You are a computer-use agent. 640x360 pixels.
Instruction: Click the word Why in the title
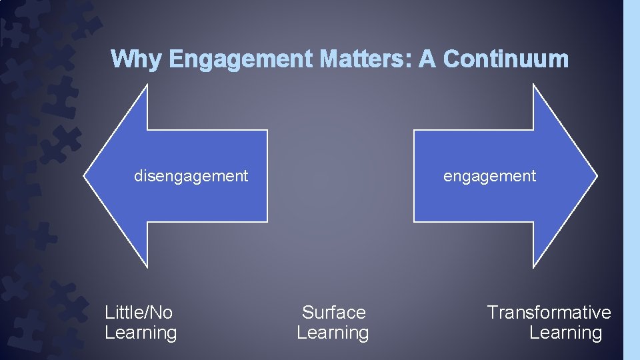coord(137,59)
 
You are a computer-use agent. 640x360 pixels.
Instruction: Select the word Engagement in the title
coord(241,60)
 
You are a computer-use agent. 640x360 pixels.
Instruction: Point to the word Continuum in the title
coord(506,59)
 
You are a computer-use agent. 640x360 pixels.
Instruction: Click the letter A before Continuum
coord(427,59)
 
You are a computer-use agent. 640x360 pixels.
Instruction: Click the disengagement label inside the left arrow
coord(191,176)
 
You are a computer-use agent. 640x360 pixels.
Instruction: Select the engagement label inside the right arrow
coord(489,176)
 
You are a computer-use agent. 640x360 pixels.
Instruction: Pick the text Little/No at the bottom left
coord(139,312)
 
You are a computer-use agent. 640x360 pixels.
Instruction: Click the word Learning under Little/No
coord(141,333)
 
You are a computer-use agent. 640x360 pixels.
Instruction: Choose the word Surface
coord(333,312)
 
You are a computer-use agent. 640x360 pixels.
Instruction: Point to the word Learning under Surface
coord(333,333)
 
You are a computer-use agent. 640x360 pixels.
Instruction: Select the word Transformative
coord(549,312)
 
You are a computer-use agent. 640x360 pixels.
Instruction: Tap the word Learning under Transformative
coord(565,333)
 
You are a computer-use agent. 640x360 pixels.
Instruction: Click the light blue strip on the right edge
coord(631,180)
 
